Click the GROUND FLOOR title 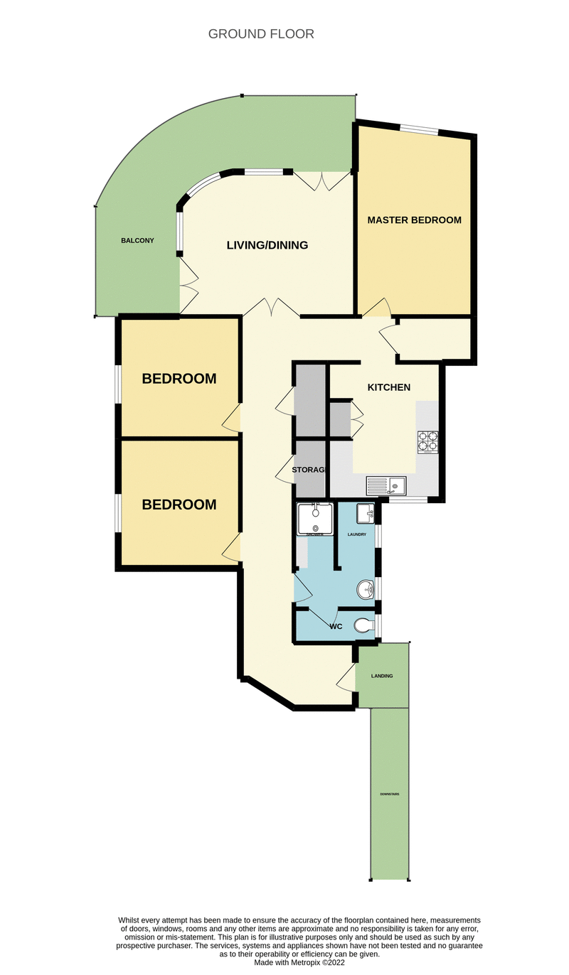(x=261, y=34)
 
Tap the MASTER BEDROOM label (x=414, y=220)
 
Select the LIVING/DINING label (x=267, y=246)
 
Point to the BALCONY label (x=137, y=241)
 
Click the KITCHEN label (x=388, y=388)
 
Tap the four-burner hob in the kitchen (x=428, y=442)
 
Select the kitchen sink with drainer (x=385, y=486)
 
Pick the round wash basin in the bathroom (x=366, y=589)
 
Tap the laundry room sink (x=364, y=512)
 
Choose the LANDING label (x=382, y=676)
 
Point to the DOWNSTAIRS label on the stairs (x=389, y=794)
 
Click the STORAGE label (x=309, y=470)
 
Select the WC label (x=336, y=627)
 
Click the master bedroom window (x=418, y=129)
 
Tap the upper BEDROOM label (x=179, y=379)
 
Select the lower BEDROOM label (x=179, y=505)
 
